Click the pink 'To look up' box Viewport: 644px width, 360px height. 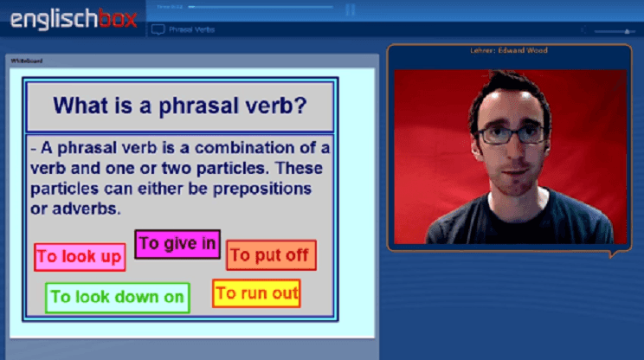79,257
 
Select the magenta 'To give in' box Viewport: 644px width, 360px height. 177,244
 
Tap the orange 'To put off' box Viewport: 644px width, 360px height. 271,255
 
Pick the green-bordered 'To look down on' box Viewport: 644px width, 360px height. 117,298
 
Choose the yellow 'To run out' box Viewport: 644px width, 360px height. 256,293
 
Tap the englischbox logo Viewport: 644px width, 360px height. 74,19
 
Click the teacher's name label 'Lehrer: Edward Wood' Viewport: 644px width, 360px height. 508,50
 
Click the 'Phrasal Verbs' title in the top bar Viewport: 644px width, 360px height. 192,29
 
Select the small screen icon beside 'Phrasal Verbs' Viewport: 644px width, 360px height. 158,29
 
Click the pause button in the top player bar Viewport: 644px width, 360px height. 351,10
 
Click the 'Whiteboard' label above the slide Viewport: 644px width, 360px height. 25,61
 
